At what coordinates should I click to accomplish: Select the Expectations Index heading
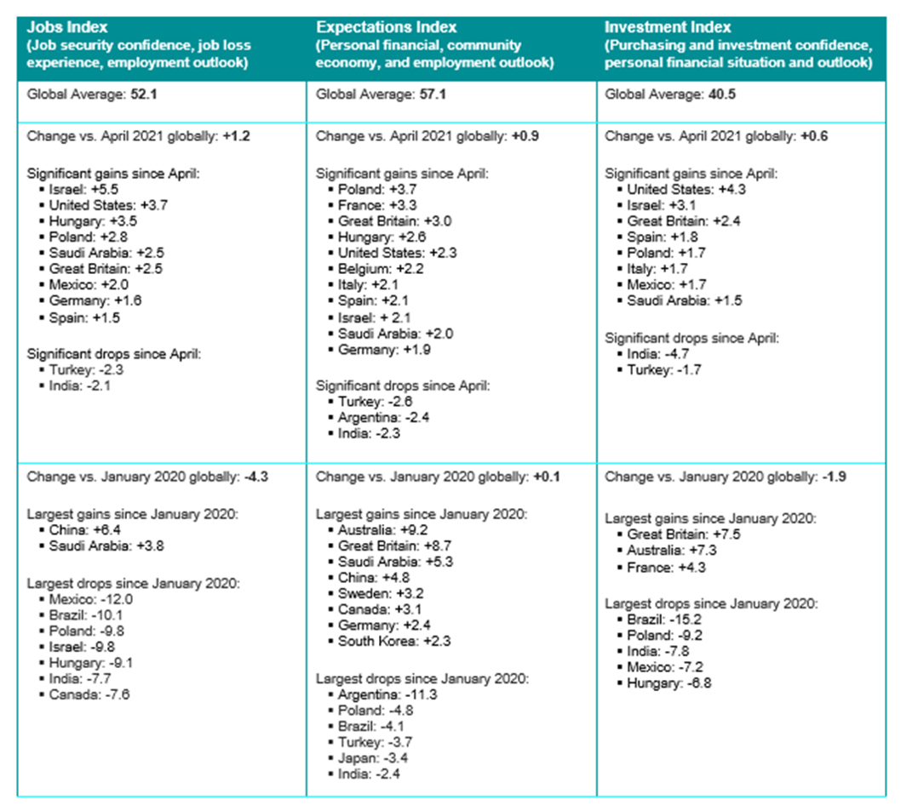(x=386, y=27)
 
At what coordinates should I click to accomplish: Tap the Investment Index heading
(x=668, y=27)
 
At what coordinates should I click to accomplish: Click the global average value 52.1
(x=142, y=94)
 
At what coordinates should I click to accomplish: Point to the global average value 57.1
(x=431, y=94)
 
